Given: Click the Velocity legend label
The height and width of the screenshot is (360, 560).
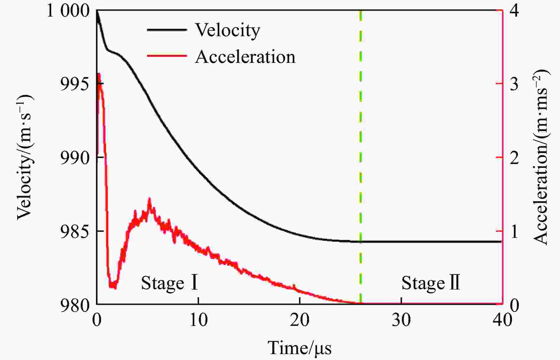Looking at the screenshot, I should point(227,30).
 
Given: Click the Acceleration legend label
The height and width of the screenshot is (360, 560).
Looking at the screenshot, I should point(245,57).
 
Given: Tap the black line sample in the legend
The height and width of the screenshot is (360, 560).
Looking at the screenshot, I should point(167,30).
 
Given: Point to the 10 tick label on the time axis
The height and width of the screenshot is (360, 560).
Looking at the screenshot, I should point(198,320).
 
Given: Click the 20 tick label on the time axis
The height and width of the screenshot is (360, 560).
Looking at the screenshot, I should point(300,320).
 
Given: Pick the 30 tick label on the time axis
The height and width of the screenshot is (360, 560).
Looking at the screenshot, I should point(401,320).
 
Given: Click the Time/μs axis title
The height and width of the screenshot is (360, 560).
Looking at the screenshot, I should point(300,348).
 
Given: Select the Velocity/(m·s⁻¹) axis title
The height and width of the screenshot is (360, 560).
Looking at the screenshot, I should point(25,157).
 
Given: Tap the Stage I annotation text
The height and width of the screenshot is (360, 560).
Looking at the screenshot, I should point(169,283).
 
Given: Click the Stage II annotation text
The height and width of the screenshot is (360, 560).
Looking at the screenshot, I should point(431,283).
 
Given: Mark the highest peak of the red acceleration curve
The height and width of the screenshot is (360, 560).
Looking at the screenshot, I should point(99,74).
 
